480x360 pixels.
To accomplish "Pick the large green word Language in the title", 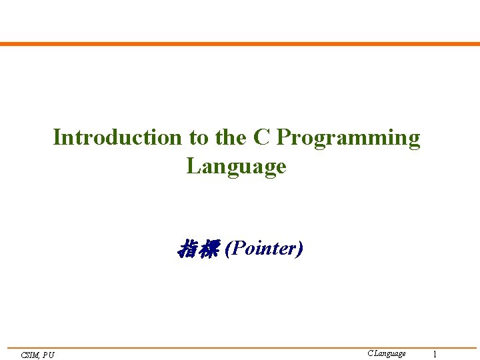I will tap(237, 166).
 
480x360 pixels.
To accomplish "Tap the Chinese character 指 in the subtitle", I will tap(187, 249).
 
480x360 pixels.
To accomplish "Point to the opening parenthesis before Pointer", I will tap(229, 249).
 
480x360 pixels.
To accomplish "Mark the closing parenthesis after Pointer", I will tap(300, 249).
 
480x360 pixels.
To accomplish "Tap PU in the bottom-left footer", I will tap(49, 355).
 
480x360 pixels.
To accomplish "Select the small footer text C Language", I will tap(386, 353).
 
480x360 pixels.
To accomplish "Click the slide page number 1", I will tap(435, 354).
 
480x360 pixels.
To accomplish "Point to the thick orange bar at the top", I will tap(240, 44).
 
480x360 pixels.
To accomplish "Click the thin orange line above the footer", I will tap(240, 347).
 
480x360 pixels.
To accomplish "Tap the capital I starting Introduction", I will tap(57, 137).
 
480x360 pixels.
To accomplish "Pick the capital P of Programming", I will tap(282, 137).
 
